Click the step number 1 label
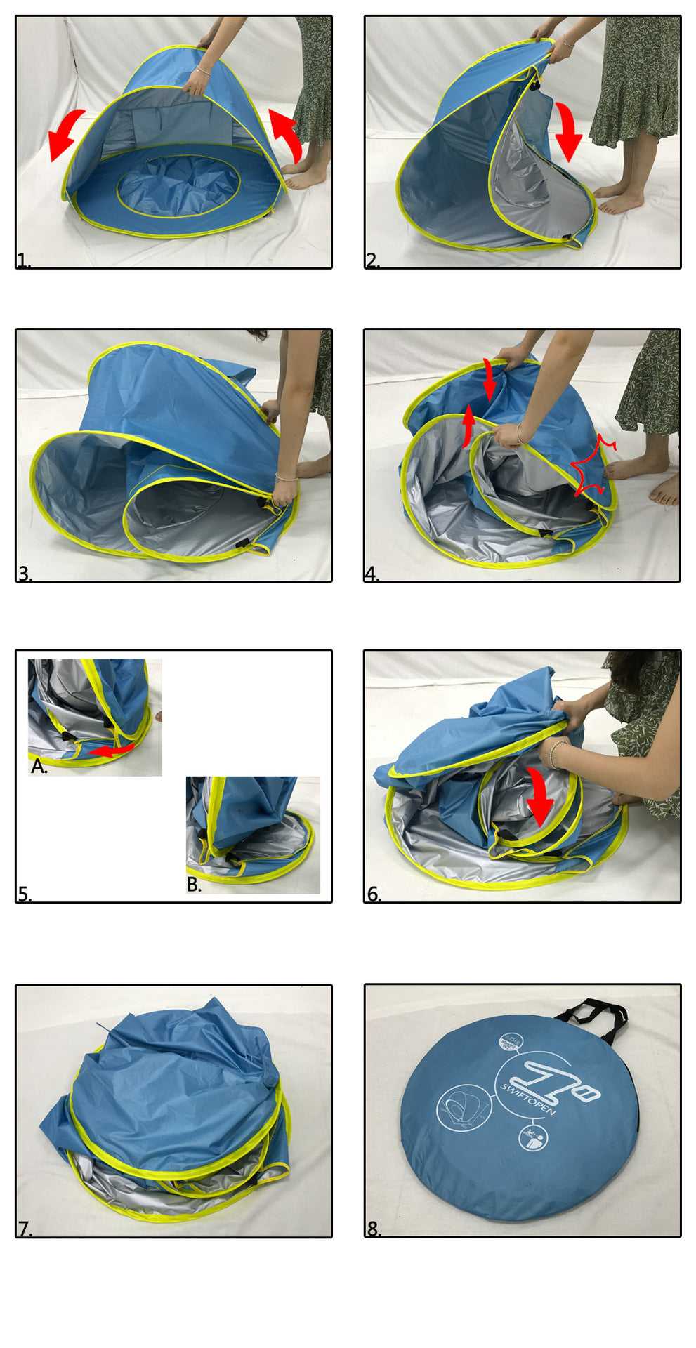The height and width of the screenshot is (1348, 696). [24, 261]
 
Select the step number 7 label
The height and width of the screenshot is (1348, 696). [25, 1229]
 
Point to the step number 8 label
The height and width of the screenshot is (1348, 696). [373, 1229]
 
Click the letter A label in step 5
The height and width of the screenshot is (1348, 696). [39, 767]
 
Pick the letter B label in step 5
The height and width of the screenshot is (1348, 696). [195, 885]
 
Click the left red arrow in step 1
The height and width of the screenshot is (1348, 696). [66, 134]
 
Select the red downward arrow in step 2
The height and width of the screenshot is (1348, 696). [567, 131]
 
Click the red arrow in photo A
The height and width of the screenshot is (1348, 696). [110, 751]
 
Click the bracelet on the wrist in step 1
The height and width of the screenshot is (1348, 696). [204, 70]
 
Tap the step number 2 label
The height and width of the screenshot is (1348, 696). [372, 261]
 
